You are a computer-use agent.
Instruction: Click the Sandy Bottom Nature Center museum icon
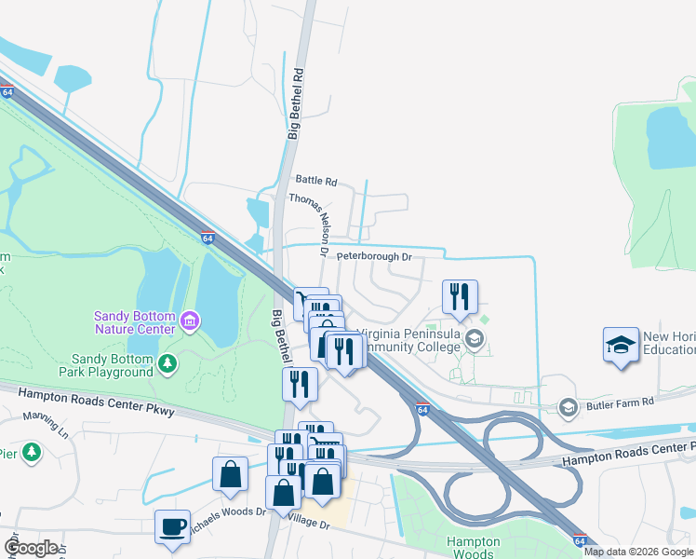click(191, 322)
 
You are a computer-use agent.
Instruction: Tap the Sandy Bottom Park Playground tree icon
click(167, 362)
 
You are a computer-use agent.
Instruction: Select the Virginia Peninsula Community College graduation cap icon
click(475, 338)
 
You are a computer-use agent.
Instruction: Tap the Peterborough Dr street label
click(373, 256)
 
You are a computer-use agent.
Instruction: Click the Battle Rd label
click(316, 181)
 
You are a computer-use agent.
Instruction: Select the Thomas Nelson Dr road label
click(309, 224)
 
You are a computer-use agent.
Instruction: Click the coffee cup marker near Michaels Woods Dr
click(173, 526)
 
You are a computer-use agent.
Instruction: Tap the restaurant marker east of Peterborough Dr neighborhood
click(460, 296)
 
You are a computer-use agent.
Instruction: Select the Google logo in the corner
click(31, 548)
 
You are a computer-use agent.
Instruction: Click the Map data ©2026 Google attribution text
click(638, 552)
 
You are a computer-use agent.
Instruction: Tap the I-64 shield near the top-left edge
click(7, 92)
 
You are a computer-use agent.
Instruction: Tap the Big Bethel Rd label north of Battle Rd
click(294, 102)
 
